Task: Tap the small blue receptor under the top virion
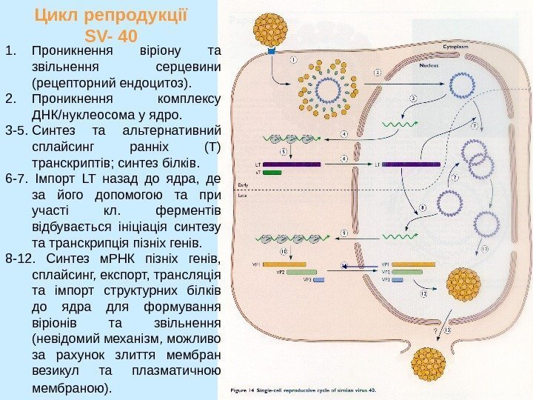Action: point(271,53)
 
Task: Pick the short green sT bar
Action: point(272,172)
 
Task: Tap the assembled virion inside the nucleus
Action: point(465,285)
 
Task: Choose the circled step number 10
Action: point(284,252)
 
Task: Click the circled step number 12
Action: point(424,294)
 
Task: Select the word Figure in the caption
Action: point(241,389)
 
